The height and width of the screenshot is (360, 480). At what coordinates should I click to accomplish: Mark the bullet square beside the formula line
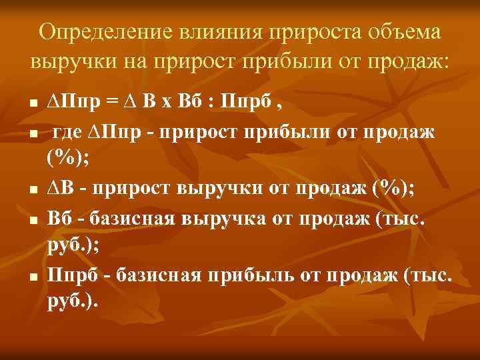(32, 104)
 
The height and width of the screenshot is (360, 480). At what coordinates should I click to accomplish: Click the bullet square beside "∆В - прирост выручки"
(32, 190)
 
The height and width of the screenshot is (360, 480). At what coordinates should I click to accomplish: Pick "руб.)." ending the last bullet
(73, 302)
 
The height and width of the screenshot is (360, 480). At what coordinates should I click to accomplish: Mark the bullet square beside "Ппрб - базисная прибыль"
(32, 276)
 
